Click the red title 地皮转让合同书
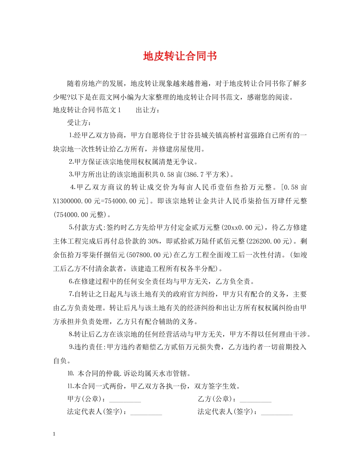click(x=180, y=56)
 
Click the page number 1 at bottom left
click(x=55, y=434)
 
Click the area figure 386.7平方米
click(x=210, y=175)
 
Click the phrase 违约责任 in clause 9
click(x=91, y=347)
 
